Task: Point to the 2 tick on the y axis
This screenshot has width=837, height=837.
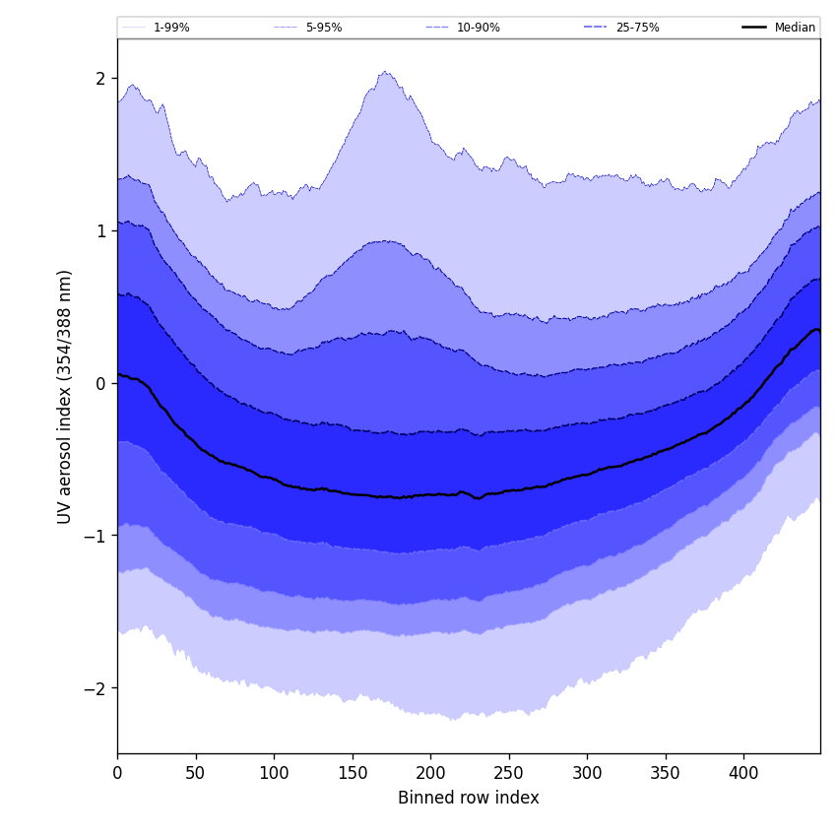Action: tap(100, 79)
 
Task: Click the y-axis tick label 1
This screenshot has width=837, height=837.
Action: tap(100, 230)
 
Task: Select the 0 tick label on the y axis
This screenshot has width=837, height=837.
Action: tap(100, 383)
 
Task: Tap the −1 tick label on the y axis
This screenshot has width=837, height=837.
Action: tap(96, 536)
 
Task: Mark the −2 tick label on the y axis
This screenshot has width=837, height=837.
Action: tap(96, 688)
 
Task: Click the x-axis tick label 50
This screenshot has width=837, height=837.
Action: tap(196, 773)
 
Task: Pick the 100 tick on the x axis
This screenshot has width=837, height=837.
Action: tap(274, 773)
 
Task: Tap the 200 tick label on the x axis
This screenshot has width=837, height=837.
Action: tap(430, 773)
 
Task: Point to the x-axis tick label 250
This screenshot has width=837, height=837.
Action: tap(509, 773)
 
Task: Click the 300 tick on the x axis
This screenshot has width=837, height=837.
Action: tap(587, 773)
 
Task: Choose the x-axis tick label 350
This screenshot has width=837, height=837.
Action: tap(666, 773)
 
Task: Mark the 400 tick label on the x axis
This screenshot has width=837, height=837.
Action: tap(743, 773)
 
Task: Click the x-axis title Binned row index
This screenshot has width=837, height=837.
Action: tap(469, 798)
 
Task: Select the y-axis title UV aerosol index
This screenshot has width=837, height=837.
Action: tap(65, 396)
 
